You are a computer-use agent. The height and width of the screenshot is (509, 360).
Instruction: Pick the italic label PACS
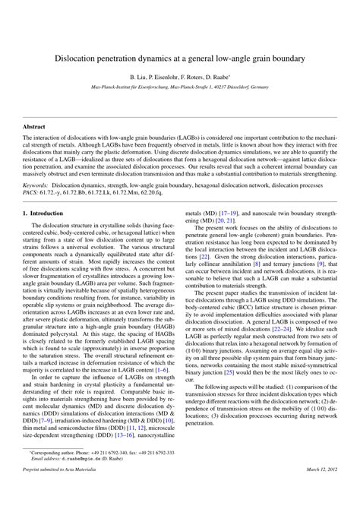31,192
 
